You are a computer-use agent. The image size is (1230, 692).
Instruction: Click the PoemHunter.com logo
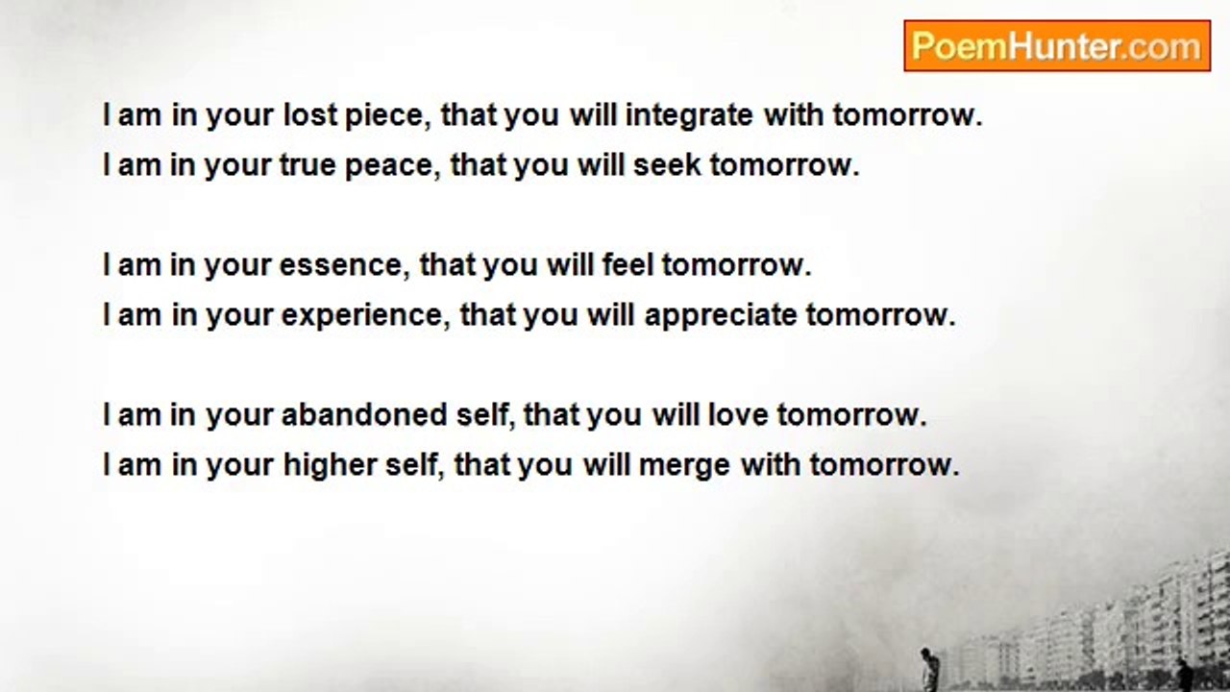[1057, 46]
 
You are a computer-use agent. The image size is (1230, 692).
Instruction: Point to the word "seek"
[667, 164]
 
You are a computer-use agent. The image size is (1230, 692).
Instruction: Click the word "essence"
[340, 266]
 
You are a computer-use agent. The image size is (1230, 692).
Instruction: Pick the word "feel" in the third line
[628, 264]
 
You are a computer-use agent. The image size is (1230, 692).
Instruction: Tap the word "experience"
[362, 316]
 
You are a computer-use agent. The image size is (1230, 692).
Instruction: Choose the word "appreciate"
[721, 316]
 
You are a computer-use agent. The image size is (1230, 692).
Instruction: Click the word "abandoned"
[364, 414]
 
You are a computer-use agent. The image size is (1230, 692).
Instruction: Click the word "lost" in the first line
[309, 114]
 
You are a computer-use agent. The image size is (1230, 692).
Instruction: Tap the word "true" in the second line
[307, 165]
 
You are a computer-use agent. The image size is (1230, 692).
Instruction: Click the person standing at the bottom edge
[928, 669]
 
